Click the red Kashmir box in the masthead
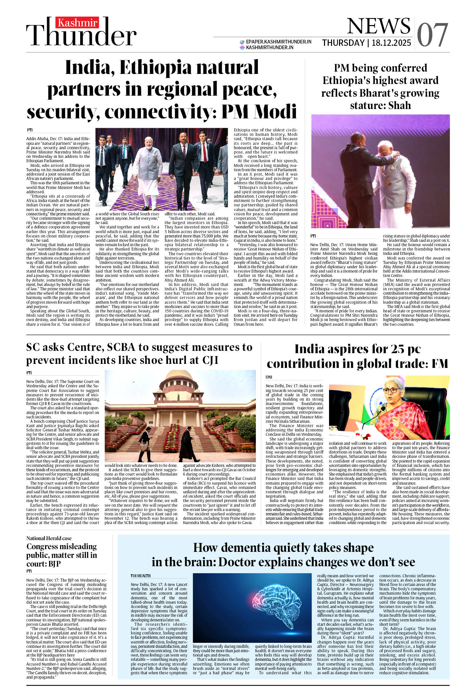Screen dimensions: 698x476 (x=78, y=23)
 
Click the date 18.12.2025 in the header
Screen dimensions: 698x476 (x=391, y=43)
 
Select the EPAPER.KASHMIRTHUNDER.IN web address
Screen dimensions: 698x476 (x=279, y=42)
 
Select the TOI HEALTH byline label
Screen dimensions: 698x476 (x=141, y=576)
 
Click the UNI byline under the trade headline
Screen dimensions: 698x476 (x=269, y=377)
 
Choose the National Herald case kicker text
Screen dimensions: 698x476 (x=49, y=538)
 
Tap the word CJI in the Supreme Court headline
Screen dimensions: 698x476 (x=210, y=361)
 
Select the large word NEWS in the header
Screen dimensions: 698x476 (x=378, y=26)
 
